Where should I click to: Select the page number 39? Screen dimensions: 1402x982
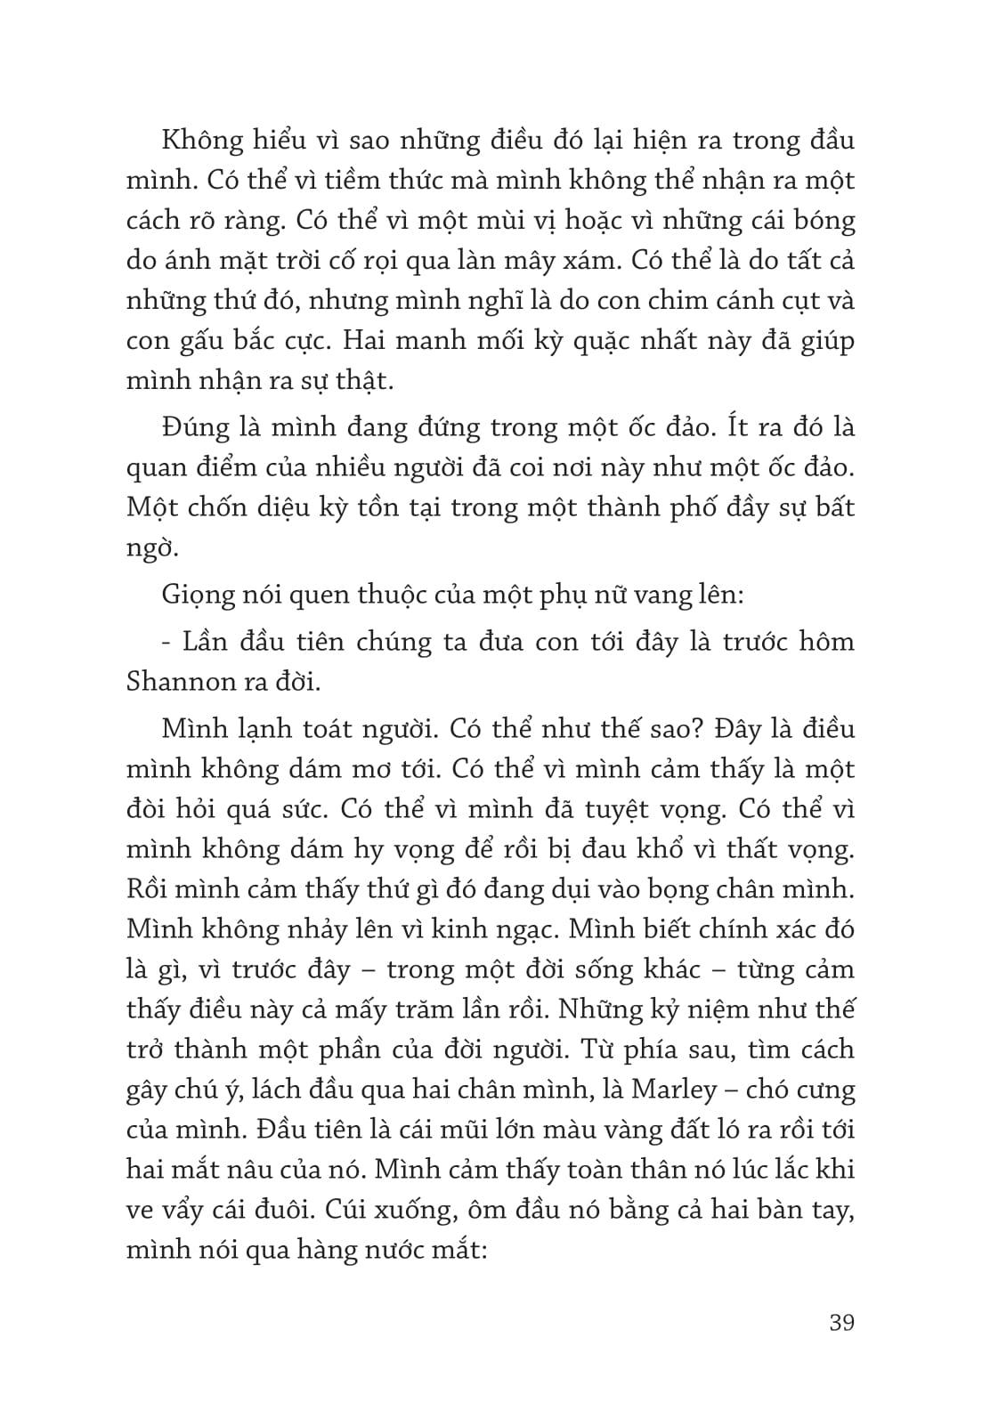click(840, 1322)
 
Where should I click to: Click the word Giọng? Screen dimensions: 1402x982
click(201, 595)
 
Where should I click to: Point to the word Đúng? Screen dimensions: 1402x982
click(198, 428)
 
